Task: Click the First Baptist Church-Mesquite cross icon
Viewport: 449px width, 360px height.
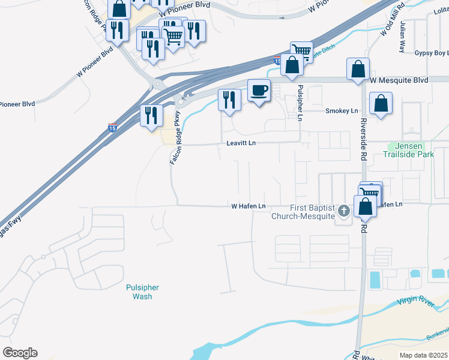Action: pyautogui.click(x=343, y=211)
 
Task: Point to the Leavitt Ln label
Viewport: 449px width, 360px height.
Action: pyautogui.click(x=241, y=143)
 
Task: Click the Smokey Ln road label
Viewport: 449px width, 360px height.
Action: pyautogui.click(x=341, y=111)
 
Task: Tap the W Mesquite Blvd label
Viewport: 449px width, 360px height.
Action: pyautogui.click(x=399, y=80)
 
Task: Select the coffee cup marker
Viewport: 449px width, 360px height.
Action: pyautogui.click(x=259, y=91)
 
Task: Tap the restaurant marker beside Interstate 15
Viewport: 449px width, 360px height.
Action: pyautogui.click(x=151, y=115)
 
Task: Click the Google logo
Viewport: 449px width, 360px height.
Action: pyautogui.click(x=19, y=353)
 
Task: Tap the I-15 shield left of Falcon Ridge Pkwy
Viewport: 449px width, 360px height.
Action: pyautogui.click(x=113, y=127)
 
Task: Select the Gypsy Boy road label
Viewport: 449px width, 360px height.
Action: pyautogui.click(x=432, y=53)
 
